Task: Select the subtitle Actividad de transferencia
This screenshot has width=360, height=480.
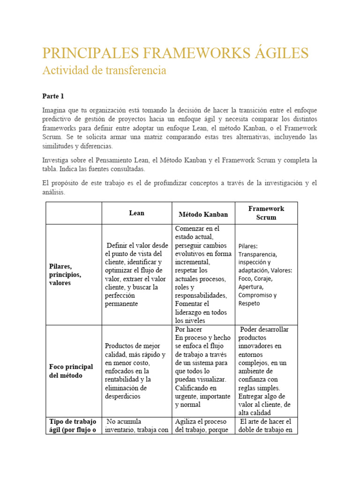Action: pos(104,70)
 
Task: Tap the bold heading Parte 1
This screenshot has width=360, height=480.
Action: pos(53,96)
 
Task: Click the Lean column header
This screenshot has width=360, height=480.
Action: pos(136,213)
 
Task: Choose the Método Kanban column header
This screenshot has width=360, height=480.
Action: pos(203,214)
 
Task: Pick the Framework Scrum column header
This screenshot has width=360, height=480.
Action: pos(266,213)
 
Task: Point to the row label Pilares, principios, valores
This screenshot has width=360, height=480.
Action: pos(65,275)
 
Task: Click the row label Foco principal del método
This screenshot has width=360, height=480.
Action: pos(71,371)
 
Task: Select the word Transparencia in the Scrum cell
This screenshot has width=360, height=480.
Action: pos(257,254)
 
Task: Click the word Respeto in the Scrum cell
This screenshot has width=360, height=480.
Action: pos(249,303)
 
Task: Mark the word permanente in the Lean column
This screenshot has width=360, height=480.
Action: pos(121,304)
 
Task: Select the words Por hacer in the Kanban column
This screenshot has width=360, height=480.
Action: pos(188,329)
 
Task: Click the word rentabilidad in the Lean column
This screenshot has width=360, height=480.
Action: pos(123,379)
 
